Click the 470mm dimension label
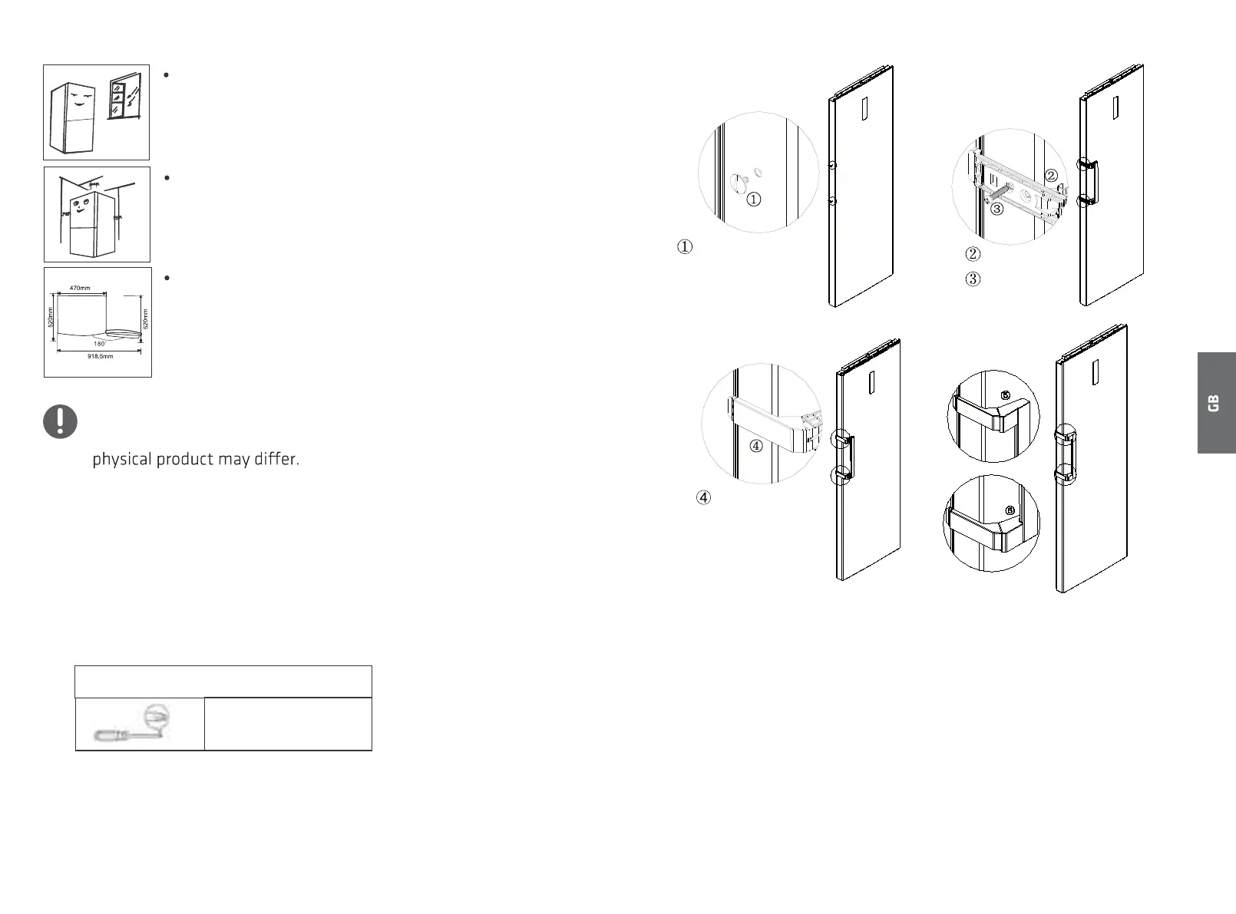point(80,288)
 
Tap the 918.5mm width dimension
point(99,357)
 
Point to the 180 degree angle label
point(99,344)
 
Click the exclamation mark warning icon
point(60,421)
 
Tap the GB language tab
point(1213,403)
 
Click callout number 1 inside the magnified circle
point(754,200)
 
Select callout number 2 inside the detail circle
point(1051,176)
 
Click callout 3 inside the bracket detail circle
point(996,208)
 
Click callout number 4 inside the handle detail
point(756,446)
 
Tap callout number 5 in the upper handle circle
point(1005,395)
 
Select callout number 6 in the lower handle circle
point(1010,510)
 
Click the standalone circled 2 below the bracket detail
point(973,254)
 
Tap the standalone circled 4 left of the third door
point(703,497)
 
